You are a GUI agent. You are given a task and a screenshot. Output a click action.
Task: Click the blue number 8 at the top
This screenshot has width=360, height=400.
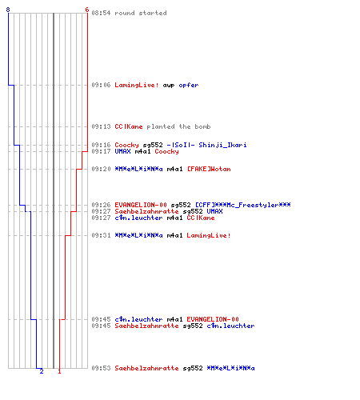pos(8,10)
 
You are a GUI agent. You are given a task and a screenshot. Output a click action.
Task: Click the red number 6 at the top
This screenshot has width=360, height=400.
pos(87,10)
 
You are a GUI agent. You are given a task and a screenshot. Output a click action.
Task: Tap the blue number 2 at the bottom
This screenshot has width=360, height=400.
pos(42,371)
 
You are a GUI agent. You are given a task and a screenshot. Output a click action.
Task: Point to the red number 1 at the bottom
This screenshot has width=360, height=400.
pos(59,371)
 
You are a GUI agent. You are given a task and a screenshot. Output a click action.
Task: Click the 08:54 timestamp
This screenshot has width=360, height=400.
pos(101,13)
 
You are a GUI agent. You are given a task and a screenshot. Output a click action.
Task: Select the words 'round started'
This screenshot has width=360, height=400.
pos(141,13)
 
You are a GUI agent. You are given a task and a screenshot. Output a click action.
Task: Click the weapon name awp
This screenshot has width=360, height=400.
pos(169,85)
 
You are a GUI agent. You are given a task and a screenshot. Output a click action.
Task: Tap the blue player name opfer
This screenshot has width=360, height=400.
pos(189,85)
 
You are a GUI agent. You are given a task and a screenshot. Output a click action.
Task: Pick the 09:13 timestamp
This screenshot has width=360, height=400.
pos(101,126)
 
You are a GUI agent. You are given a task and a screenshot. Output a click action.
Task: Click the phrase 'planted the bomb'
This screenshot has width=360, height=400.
pos(178,126)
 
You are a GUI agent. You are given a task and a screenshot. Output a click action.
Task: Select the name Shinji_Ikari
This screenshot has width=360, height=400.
pos(222,145)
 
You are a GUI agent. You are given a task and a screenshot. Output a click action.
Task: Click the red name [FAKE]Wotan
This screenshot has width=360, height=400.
pos(209,169)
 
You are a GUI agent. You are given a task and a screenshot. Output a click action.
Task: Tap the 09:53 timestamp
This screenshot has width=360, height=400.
pos(101,368)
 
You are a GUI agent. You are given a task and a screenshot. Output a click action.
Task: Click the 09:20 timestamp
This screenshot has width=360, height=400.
pos(101,169)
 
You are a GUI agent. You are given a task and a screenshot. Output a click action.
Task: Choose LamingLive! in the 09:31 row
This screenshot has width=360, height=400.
pos(209,235)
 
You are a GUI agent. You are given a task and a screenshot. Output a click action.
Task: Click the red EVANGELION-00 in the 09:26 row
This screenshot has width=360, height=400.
pos(141,205)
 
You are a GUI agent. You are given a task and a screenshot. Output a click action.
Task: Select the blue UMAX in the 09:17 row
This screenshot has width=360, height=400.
pos(122,151)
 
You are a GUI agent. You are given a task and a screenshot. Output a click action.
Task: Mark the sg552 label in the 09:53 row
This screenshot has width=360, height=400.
pos(193,368)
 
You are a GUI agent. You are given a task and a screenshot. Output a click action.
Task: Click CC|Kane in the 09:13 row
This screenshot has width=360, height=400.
pos(129,126)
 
